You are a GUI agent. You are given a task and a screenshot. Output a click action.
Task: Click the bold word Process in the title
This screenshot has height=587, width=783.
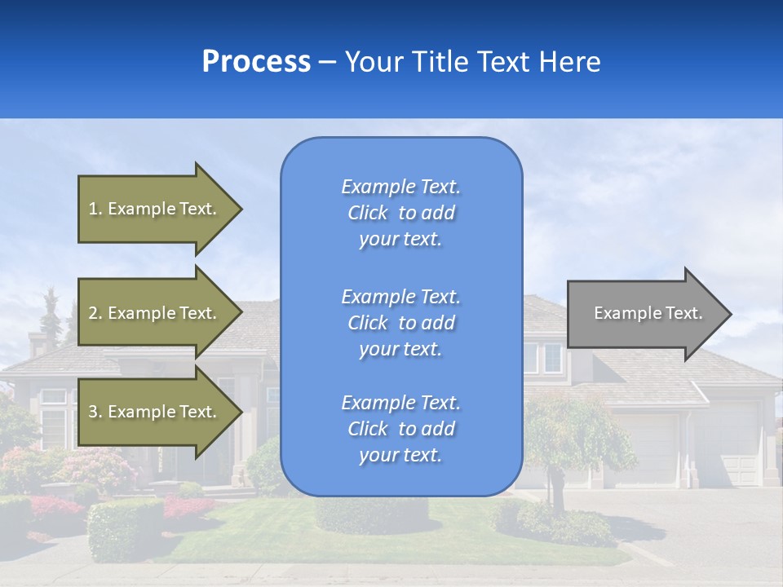(256, 62)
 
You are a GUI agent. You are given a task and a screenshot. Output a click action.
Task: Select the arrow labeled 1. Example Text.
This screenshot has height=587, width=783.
(155, 209)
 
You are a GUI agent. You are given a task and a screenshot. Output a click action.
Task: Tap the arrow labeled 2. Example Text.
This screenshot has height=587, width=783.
(155, 313)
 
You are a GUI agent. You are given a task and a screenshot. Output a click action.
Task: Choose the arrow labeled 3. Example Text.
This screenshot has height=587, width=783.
(155, 412)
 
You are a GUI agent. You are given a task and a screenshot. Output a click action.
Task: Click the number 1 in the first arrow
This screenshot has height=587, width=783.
(93, 209)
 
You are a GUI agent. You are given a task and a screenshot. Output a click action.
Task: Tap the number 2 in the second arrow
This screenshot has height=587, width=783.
(93, 313)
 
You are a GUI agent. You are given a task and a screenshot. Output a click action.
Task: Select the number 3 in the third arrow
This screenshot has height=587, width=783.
(93, 412)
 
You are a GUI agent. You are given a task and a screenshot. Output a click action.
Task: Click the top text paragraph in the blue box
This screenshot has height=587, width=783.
(400, 213)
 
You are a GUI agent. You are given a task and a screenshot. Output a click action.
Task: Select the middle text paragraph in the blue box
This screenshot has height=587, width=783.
(400, 323)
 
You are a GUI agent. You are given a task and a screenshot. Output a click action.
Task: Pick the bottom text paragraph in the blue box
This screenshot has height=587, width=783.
(400, 429)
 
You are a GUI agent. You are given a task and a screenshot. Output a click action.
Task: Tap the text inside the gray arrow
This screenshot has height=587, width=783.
(648, 313)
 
